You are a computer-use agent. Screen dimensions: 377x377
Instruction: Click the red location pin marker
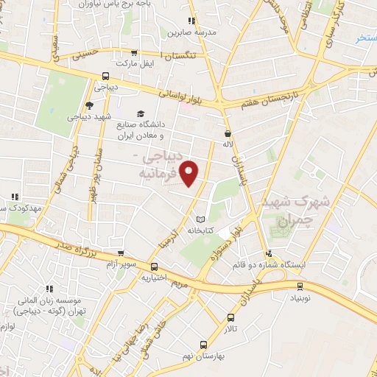tap(191, 174)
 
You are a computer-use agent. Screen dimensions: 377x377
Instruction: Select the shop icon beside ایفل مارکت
tap(134, 52)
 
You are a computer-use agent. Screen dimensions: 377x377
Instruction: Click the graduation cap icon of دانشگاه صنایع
tap(140, 113)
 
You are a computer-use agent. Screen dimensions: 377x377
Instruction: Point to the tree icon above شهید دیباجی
tap(89, 105)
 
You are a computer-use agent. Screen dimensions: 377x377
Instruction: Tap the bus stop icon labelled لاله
tap(228, 133)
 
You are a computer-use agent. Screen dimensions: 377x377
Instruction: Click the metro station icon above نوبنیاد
tap(299, 286)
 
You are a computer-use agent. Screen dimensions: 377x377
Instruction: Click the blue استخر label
tap(365, 38)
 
